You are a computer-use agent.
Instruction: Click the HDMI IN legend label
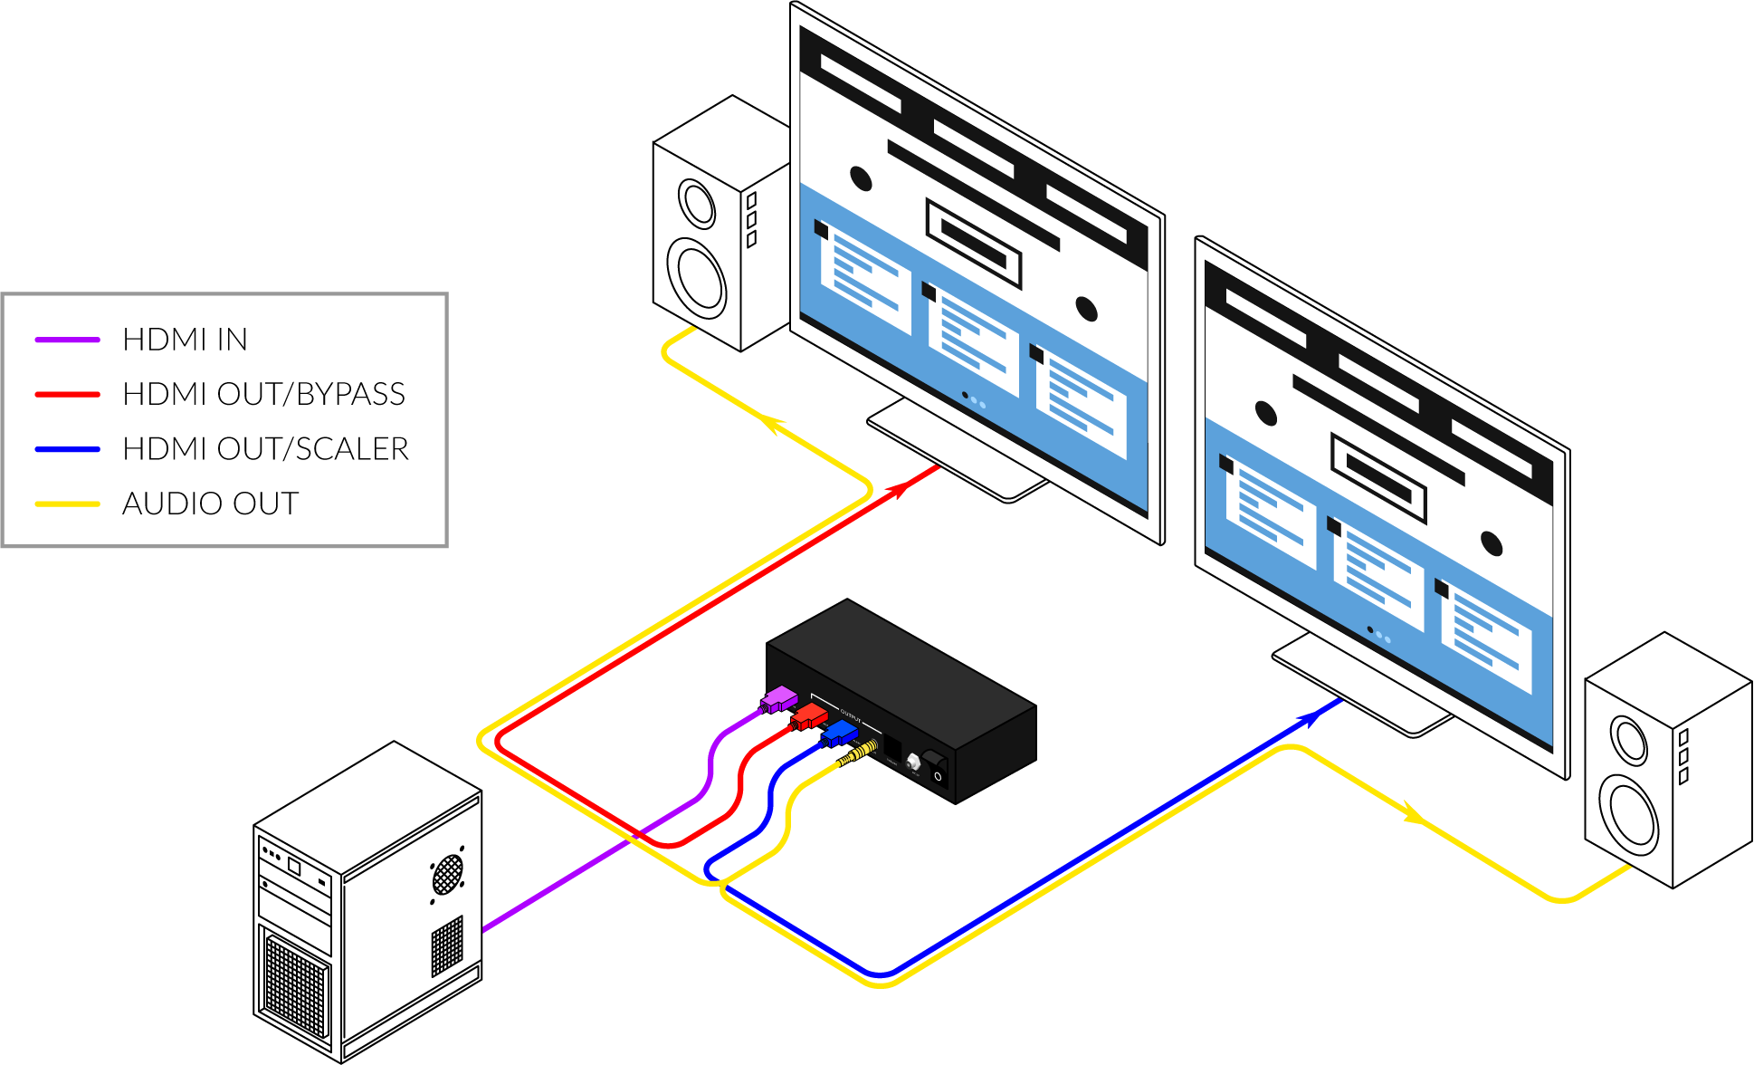185,340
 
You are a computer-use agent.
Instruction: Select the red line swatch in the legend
67,395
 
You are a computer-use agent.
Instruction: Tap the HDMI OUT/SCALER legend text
265,449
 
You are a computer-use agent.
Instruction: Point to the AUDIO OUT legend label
210,504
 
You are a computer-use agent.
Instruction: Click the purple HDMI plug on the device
779,699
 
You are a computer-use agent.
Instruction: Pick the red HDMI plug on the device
810,718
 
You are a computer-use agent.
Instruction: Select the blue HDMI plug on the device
840,733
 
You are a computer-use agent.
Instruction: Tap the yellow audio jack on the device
860,751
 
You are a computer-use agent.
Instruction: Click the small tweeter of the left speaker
697,204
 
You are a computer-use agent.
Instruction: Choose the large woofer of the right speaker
1628,814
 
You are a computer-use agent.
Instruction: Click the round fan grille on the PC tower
447,874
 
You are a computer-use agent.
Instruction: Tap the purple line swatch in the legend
67,340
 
